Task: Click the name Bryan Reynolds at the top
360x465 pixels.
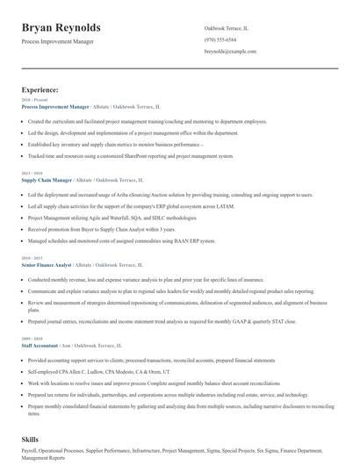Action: (x=61, y=28)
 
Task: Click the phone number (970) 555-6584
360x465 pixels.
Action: (x=220, y=39)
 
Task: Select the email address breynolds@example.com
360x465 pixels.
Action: (x=230, y=52)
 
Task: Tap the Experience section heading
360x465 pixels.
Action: (x=40, y=89)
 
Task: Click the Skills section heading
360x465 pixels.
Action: (x=31, y=436)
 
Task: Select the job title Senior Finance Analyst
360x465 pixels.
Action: (x=47, y=263)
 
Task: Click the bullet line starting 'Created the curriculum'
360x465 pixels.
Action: (x=147, y=121)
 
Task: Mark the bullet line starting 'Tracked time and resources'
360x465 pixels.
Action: (x=131, y=155)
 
